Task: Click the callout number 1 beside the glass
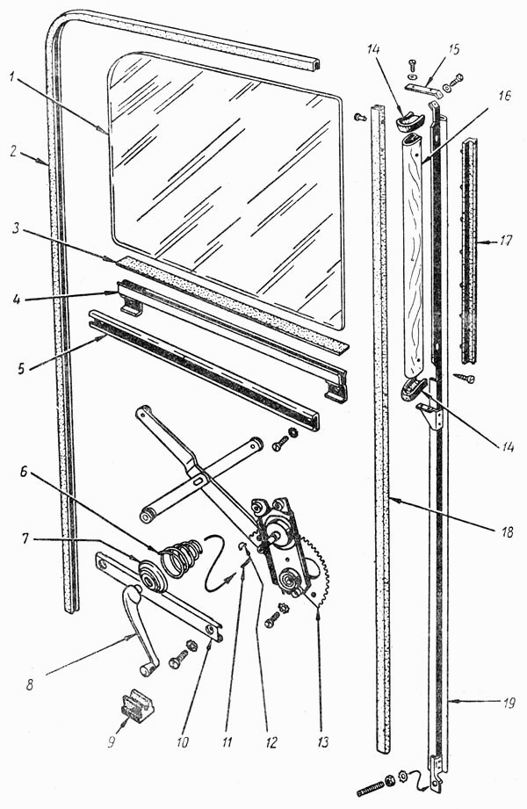point(13,78)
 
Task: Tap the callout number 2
point(14,152)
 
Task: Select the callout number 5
point(21,370)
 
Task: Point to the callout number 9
point(112,741)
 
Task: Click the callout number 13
point(323,742)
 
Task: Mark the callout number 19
point(509,704)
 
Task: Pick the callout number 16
point(505,96)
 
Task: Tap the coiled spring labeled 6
point(181,556)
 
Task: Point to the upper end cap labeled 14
point(409,120)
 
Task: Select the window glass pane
point(226,191)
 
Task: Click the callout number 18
point(508,532)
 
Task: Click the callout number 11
point(227,741)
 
